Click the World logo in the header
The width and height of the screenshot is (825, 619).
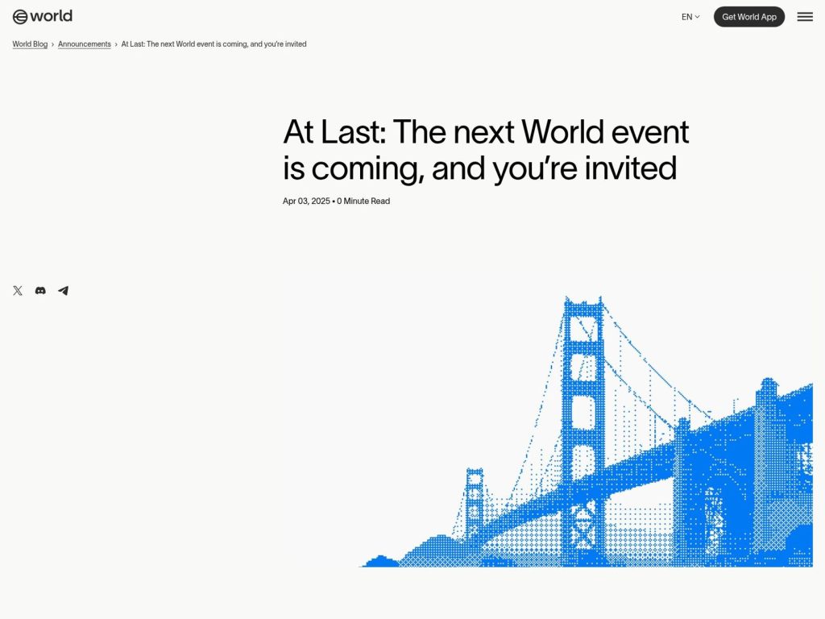pyautogui.click(x=43, y=16)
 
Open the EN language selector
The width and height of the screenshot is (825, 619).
pyautogui.click(x=690, y=17)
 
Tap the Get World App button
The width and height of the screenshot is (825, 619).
pyautogui.click(x=748, y=17)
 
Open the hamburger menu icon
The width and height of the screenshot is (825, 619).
pyautogui.click(x=805, y=17)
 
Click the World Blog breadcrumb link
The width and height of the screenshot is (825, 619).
pyautogui.click(x=30, y=44)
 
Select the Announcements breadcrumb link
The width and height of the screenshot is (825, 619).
pyautogui.click(x=85, y=44)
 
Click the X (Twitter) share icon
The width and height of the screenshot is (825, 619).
pyautogui.click(x=18, y=291)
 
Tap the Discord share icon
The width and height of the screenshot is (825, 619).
pyautogui.click(x=40, y=291)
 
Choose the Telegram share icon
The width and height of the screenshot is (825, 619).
pyautogui.click(x=63, y=291)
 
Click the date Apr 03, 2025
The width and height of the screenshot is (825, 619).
pyautogui.click(x=306, y=201)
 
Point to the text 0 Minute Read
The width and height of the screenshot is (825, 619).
pyautogui.click(x=363, y=201)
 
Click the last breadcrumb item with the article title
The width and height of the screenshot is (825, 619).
pyautogui.click(x=214, y=44)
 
